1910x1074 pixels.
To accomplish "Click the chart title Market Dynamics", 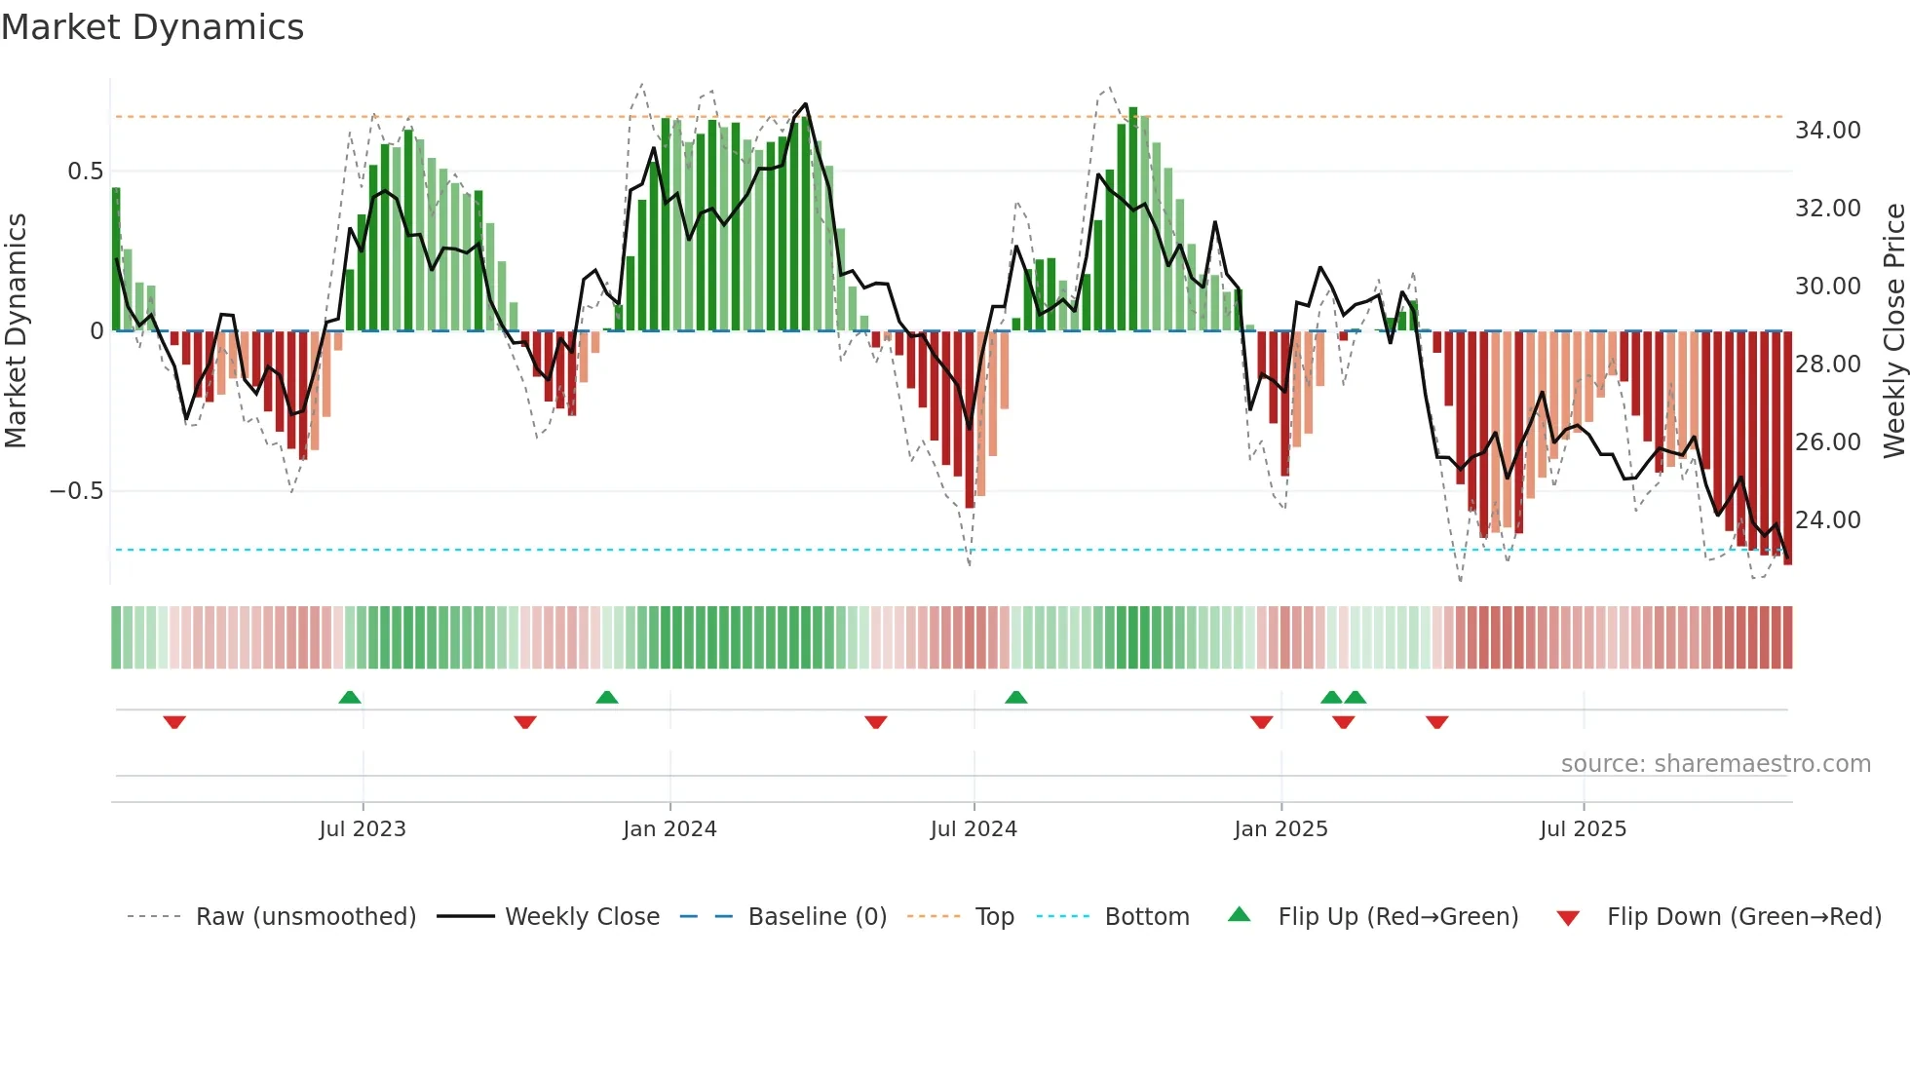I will (152, 27).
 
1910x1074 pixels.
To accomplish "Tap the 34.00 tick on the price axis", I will (1827, 130).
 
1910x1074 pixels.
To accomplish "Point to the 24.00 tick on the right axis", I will (1827, 519).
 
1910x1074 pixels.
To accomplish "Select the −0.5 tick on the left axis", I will (77, 490).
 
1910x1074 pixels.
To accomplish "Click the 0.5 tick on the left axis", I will (85, 172).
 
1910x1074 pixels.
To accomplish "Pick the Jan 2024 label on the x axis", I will (669, 828).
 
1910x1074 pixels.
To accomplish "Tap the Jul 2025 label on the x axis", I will (1583, 828).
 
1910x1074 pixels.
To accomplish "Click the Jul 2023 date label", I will (363, 828).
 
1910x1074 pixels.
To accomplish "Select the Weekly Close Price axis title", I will (1893, 330).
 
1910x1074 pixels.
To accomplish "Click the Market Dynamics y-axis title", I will (16, 330).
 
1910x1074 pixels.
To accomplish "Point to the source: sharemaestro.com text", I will (1715, 763).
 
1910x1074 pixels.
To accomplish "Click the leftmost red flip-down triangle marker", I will (174, 722).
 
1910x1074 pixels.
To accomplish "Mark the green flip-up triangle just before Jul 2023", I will (350, 697).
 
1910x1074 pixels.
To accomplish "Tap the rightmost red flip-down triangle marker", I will (1436, 722).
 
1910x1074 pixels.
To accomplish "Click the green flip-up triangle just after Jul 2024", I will (1015, 697).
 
